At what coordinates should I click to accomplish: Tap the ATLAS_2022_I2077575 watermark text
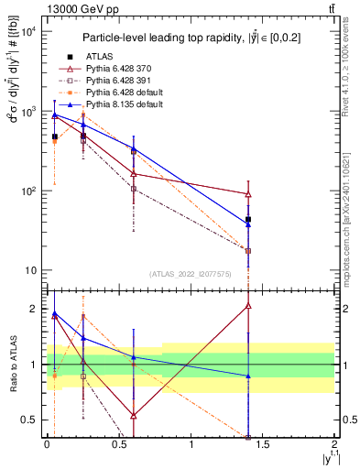(191, 274)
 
